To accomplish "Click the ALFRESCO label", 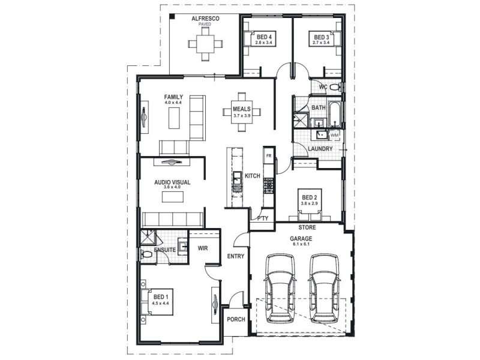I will [x=205, y=19].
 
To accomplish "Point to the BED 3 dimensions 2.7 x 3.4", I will [x=322, y=43].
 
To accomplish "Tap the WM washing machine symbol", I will [x=334, y=136].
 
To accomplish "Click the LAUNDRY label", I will [x=320, y=148].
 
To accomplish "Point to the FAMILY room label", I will [x=174, y=97].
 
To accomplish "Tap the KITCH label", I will [x=252, y=176].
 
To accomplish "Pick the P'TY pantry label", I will [x=262, y=218].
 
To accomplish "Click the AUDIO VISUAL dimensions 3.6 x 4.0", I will [x=172, y=187].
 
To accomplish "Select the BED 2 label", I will [x=309, y=197].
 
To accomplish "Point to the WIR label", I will [x=202, y=248].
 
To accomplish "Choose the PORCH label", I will [x=236, y=319].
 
